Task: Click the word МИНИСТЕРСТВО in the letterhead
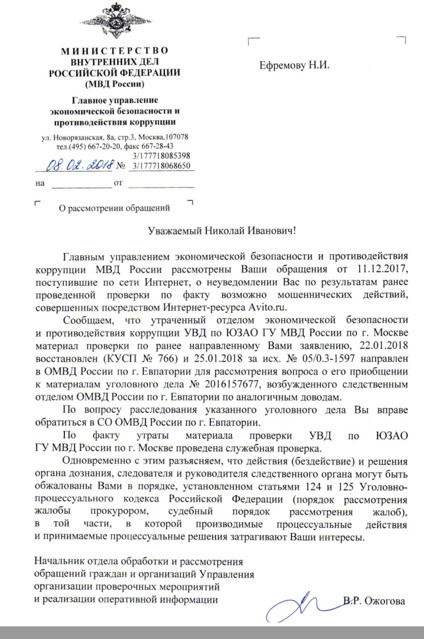pos(115,51)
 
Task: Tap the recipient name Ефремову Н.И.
pos(295,65)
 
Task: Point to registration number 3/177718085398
pos(161,156)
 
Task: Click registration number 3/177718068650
pos(161,166)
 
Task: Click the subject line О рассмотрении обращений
pos(114,208)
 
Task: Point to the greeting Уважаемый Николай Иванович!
pos(222,231)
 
